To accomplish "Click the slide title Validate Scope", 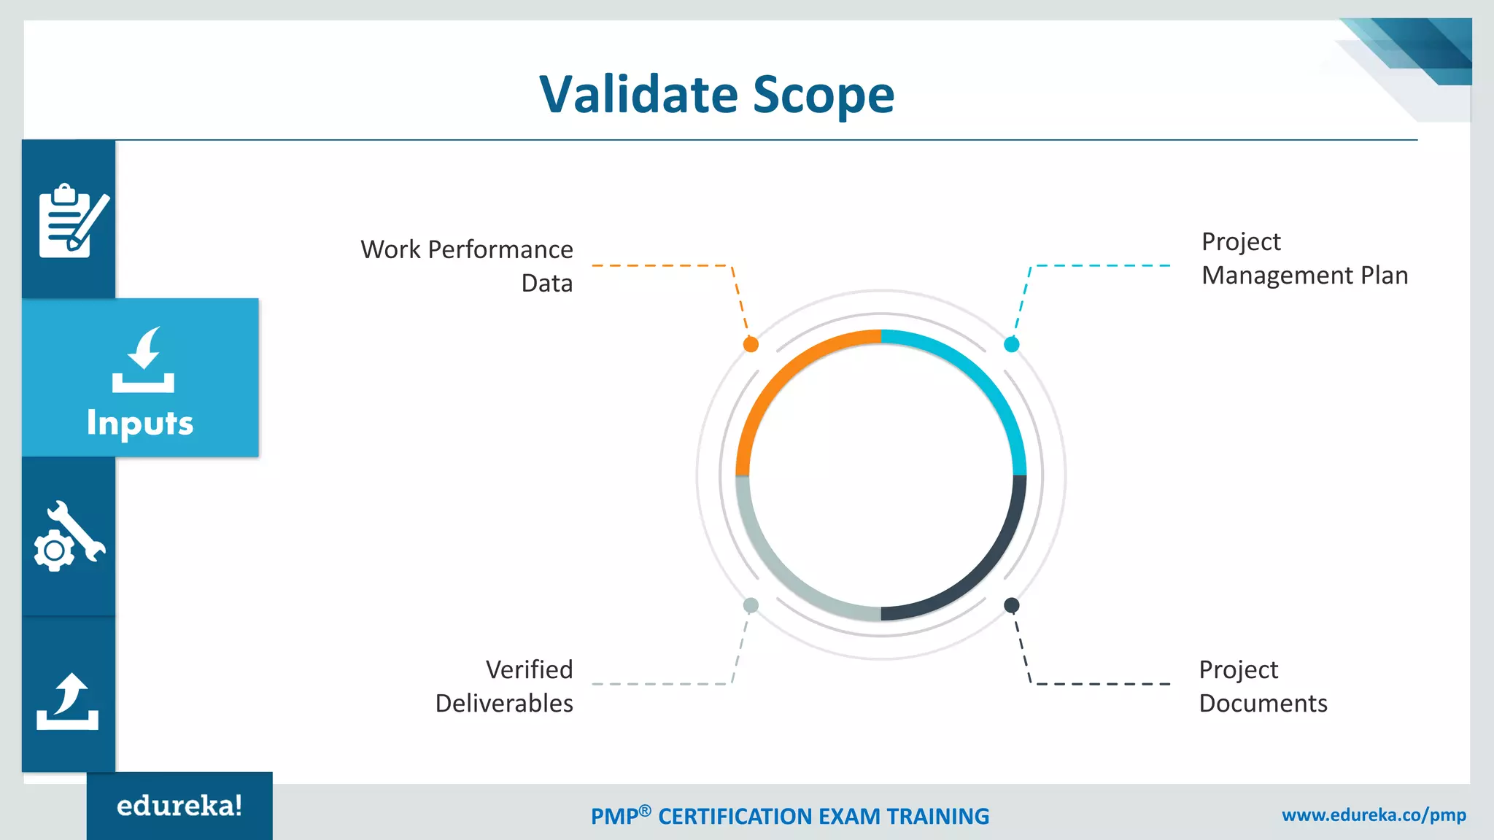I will (716, 95).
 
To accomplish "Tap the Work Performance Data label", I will (467, 265).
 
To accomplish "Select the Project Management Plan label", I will (1304, 259).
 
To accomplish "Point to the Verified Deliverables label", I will (504, 686).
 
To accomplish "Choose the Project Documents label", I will (1263, 686).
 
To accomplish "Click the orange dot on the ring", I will (751, 344).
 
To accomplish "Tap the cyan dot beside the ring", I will (1011, 344).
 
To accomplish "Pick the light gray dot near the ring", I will (751, 605).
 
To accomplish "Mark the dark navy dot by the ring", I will (1011, 605).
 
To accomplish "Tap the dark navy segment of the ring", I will (981, 573).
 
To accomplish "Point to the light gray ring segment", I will (781, 573).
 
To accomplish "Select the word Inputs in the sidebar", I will (140, 423).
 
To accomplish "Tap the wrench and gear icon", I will (69, 537).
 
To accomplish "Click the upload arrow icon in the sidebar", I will (68, 701).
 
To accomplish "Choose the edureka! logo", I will (179, 806).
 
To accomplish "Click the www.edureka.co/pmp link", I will (1374, 815).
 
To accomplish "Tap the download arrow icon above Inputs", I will (143, 359).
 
